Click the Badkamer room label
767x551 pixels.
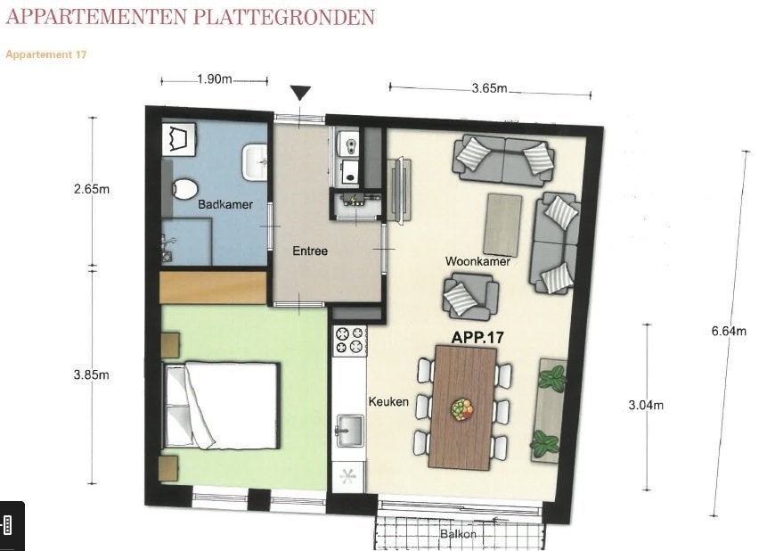click(x=225, y=204)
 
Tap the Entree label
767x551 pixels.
click(x=310, y=251)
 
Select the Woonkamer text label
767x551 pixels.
click(x=477, y=261)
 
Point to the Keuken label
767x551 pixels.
click(x=388, y=401)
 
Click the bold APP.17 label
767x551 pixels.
click(x=477, y=337)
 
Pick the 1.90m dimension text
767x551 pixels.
click(x=215, y=78)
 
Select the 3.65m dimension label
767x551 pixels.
click(x=489, y=88)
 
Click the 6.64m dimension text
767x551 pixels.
click(x=729, y=331)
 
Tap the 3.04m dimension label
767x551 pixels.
click(x=646, y=405)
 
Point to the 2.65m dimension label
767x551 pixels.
click(x=92, y=188)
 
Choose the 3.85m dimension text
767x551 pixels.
click(x=92, y=375)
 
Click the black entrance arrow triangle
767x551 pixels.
click(x=300, y=93)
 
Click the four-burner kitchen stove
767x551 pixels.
click(x=350, y=341)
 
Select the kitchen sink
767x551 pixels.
click(x=349, y=431)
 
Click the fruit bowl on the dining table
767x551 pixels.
click(x=461, y=409)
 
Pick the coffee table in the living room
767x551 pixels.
click(x=502, y=225)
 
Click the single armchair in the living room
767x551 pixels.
click(x=470, y=297)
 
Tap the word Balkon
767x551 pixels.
click(x=458, y=533)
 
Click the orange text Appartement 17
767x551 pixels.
click(x=46, y=54)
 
